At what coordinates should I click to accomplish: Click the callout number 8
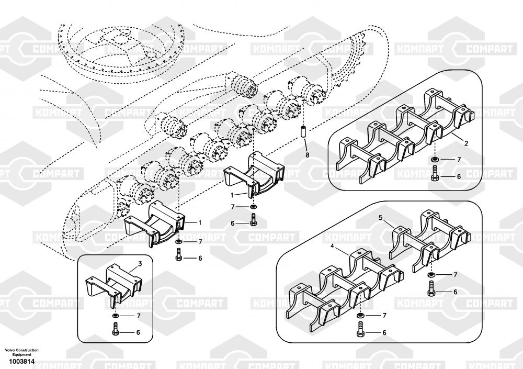coord(308,155)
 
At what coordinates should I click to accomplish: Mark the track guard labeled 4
coord(340,288)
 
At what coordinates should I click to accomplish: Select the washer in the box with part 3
coord(115,316)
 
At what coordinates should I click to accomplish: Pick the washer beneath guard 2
coord(435,159)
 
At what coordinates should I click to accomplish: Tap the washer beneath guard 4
coord(360,316)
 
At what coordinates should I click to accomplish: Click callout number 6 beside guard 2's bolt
coord(459,177)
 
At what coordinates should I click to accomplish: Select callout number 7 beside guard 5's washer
coord(454,275)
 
